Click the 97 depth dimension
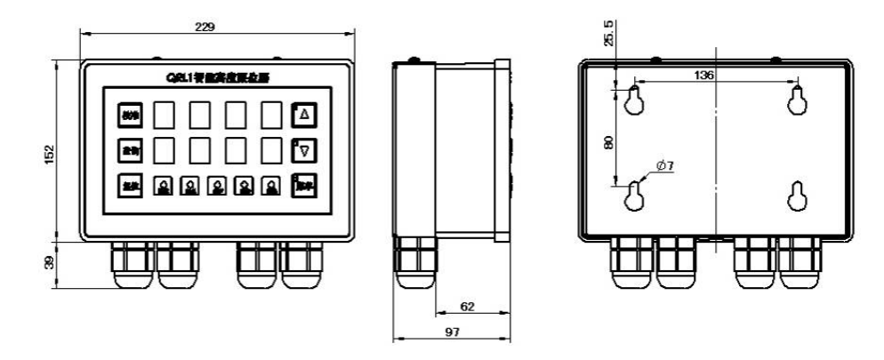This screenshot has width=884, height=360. coord(452,332)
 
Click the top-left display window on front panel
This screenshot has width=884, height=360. coord(164,115)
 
